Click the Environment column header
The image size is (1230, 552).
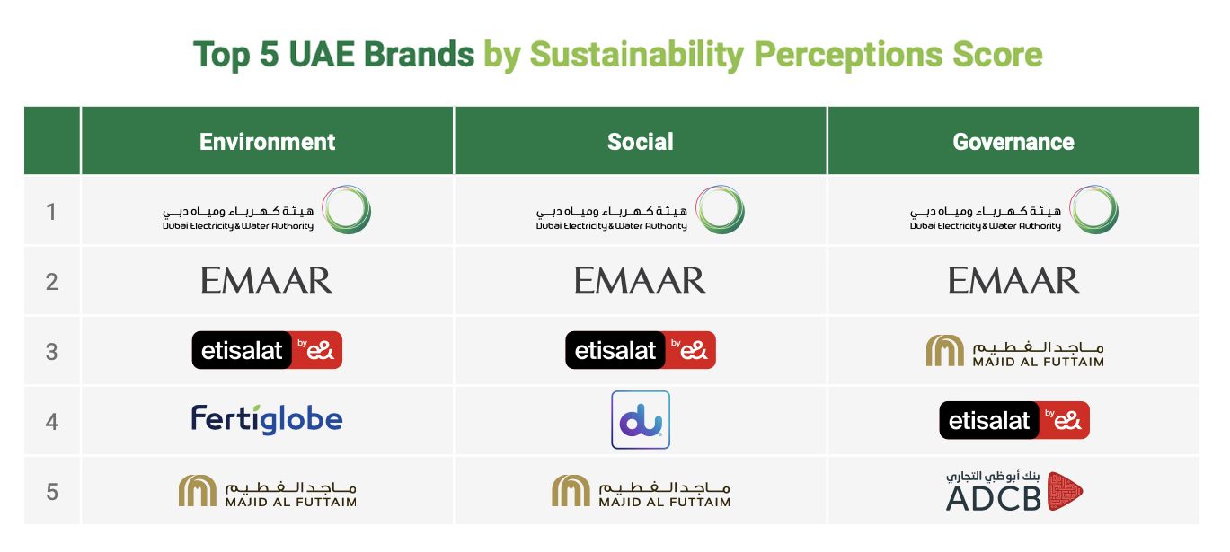click(267, 142)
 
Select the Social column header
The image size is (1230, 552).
click(640, 142)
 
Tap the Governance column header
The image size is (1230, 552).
click(1013, 142)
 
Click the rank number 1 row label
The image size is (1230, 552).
click(51, 212)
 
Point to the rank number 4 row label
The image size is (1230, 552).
click(51, 421)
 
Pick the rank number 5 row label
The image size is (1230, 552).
click(51, 492)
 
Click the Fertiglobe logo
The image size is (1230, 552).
click(267, 419)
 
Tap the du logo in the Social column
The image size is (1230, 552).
click(641, 420)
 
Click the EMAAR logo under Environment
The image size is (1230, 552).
click(267, 281)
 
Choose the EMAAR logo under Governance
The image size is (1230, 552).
click(1013, 281)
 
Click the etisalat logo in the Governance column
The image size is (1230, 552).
click(1013, 420)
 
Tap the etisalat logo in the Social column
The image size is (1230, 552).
click(640, 350)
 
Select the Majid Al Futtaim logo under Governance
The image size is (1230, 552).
click(1013, 351)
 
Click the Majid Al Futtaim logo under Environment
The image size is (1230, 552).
click(267, 490)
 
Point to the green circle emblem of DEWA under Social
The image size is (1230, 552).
click(721, 211)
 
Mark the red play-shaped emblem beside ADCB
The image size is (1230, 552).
click(1065, 491)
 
